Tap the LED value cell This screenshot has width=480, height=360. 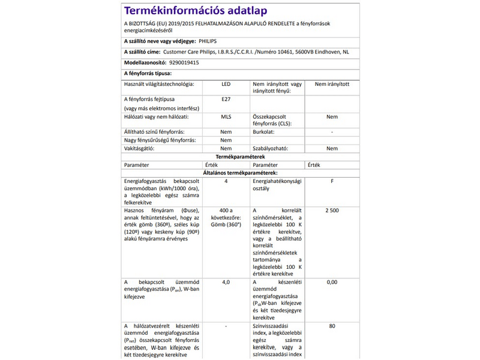pos(226,85)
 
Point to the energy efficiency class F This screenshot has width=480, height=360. pos(332,181)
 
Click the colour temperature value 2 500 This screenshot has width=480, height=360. pos(332,211)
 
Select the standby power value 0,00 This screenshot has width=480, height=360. pos(332,281)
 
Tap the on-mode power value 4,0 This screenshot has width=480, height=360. pos(226,281)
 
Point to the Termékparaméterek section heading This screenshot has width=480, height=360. pos(240,156)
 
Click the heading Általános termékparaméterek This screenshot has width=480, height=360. pos(240,172)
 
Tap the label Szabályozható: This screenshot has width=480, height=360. pos(271,148)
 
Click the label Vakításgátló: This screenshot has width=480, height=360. pos(139,148)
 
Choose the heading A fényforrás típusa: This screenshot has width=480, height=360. pos(147,73)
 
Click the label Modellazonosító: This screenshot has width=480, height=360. pos(143,62)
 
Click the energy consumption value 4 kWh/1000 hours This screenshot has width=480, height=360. pos(226,181)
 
